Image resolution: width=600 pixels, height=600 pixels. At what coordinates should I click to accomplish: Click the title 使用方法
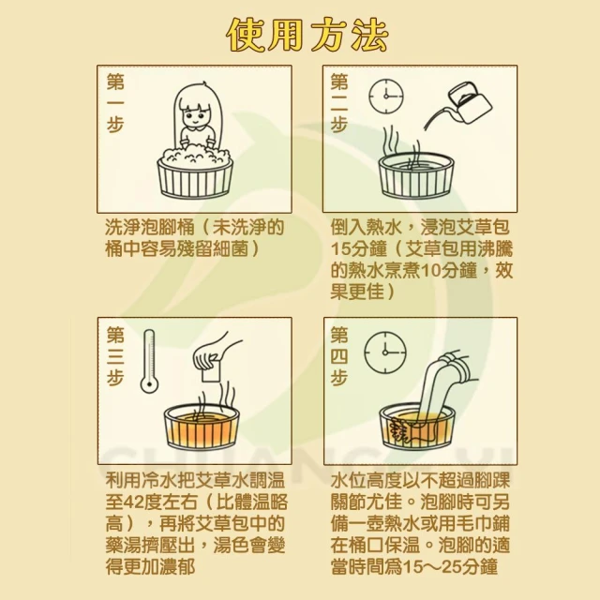pyautogui.click(x=307, y=36)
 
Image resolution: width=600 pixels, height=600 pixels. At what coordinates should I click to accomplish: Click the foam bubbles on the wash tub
pyautogui.click(x=195, y=153)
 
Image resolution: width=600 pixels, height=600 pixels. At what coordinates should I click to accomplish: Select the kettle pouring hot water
pyautogui.click(x=470, y=101)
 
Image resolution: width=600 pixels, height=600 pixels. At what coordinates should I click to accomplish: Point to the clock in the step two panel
pyautogui.click(x=386, y=96)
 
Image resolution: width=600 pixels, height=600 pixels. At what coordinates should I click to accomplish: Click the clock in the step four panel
pyautogui.click(x=385, y=352)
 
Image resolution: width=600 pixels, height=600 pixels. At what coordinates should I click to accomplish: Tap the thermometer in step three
pyautogui.click(x=149, y=361)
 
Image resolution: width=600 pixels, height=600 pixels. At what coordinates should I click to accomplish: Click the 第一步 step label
pyautogui.click(x=115, y=103)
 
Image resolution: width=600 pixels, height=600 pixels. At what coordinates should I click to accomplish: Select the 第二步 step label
pyautogui.click(x=339, y=103)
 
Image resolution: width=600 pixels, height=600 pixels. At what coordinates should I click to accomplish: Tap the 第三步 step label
pyautogui.click(x=115, y=356)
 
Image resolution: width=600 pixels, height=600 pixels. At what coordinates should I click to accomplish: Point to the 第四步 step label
pyautogui.click(x=339, y=356)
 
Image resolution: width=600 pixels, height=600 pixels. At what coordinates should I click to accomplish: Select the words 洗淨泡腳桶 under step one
pyautogui.click(x=150, y=227)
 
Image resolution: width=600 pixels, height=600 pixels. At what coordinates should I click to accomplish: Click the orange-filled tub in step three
pyautogui.click(x=202, y=427)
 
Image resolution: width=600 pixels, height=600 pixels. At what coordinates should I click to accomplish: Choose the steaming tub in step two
pyautogui.click(x=415, y=175)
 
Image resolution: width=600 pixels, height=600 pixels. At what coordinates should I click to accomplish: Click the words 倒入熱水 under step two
pyautogui.click(x=366, y=227)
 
